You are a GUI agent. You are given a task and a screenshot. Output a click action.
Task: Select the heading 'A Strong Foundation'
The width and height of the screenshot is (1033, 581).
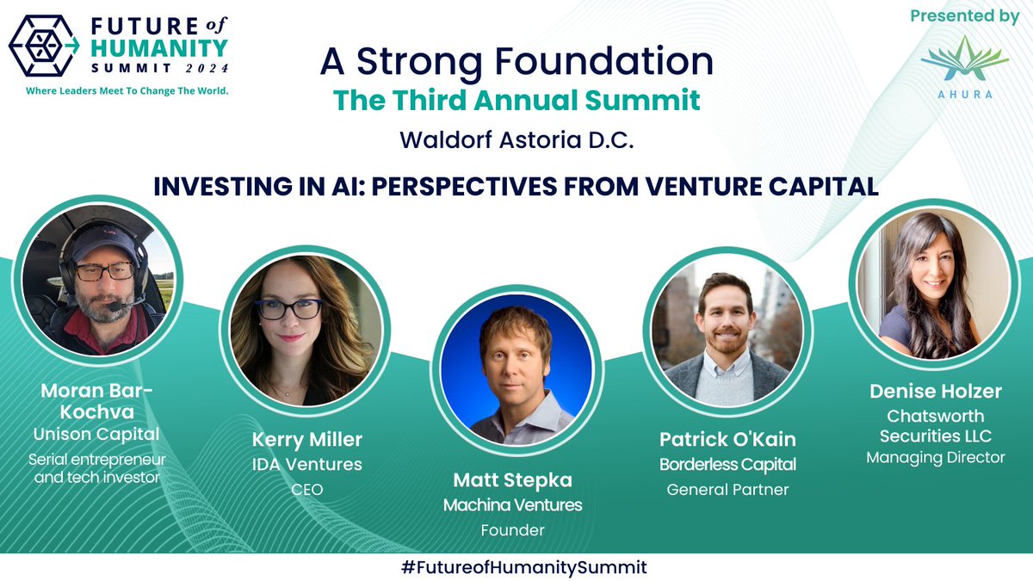pyautogui.click(x=516, y=62)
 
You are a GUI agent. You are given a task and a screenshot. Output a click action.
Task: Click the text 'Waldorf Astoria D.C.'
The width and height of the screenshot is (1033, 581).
pyautogui.click(x=516, y=140)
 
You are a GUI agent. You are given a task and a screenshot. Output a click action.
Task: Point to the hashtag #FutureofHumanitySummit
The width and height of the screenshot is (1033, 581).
pyautogui.click(x=516, y=566)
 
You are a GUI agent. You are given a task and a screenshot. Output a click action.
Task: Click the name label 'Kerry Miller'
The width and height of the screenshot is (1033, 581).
pyautogui.click(x=306, y=440)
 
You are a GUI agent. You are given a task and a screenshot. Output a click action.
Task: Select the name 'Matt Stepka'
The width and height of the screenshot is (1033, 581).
pyautogui.click(x=513, y=480)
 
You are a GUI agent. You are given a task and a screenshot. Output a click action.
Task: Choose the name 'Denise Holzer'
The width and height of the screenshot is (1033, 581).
pyautogui.click(x=935, y=392)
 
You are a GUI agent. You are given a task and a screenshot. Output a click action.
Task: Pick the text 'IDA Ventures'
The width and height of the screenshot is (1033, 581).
pyautogui.click(x=306, y=465)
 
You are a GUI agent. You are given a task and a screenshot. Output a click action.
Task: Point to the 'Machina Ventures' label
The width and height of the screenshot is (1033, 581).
pyautogui.click(x=513, y=505)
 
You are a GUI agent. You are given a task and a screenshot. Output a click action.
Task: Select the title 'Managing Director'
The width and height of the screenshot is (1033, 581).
pyautogui.click(x=935, y=458)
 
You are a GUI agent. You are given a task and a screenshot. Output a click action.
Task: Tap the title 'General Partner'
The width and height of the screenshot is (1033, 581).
pyautogui.click(x=727, y=490)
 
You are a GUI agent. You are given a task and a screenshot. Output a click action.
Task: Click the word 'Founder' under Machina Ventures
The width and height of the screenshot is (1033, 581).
pyautogui.click(x=513, y=530)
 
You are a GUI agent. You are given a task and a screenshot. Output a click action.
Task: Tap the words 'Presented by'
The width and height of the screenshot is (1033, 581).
pyautogui.click(x=964, y=16)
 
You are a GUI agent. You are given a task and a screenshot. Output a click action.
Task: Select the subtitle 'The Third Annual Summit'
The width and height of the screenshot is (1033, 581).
pyautogui.click(x=516, y=100)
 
